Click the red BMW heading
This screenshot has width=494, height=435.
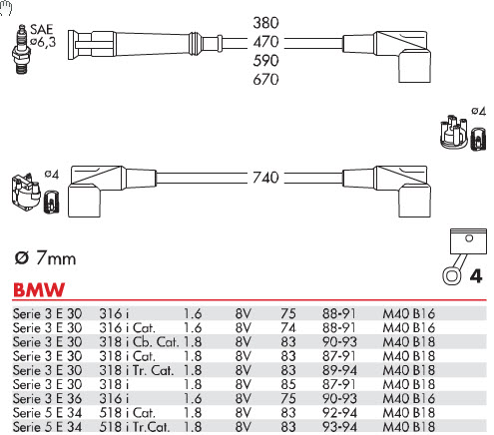39,289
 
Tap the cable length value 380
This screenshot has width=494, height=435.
265,23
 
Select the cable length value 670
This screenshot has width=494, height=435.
265,79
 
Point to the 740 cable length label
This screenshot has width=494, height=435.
265,178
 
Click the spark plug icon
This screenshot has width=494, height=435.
21,49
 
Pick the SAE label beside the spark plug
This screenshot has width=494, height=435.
42,29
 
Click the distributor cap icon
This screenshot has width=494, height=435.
454,132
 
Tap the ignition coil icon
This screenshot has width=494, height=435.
27,193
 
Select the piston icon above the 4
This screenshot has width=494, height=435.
465,255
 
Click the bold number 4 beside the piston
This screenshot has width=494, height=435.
476,276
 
